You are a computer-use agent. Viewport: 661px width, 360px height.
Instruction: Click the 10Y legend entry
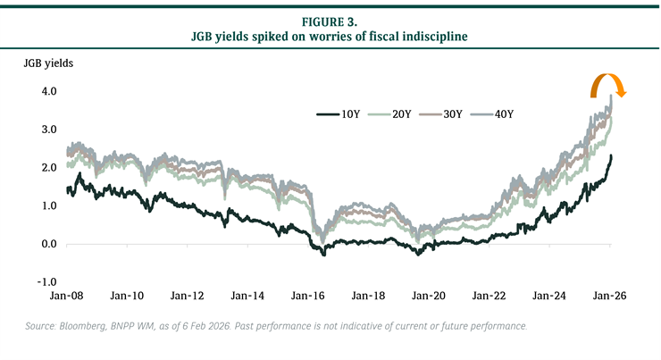tap(338, 113)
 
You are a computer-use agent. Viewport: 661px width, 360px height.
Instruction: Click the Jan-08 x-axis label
tap(65, 295)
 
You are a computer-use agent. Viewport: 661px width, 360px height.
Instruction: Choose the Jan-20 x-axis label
tap(429, 295)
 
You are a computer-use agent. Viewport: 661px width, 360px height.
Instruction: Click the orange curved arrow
tap(610, 87)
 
